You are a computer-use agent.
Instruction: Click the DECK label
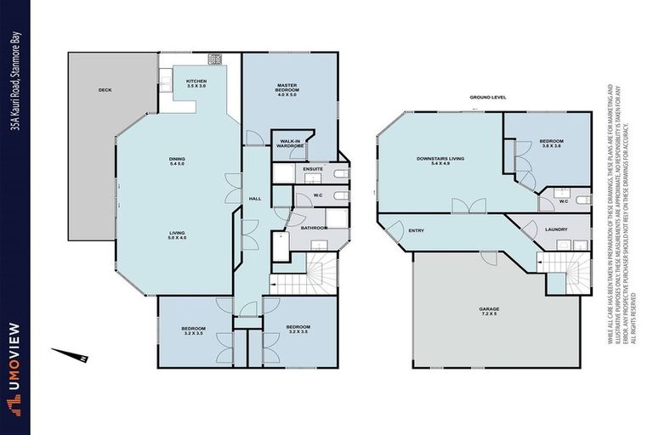click(105, 89)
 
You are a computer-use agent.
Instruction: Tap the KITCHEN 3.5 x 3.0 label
click(196, 83)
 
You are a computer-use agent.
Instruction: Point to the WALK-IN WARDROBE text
click(291, 144)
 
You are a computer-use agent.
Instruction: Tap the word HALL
click(253, 198)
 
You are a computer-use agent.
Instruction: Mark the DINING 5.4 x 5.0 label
click(177, 161)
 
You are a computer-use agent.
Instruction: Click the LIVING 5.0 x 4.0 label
click(177, 235)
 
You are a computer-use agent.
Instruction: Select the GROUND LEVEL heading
click(488, 98)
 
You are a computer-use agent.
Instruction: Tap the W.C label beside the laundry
click(563, 202)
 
